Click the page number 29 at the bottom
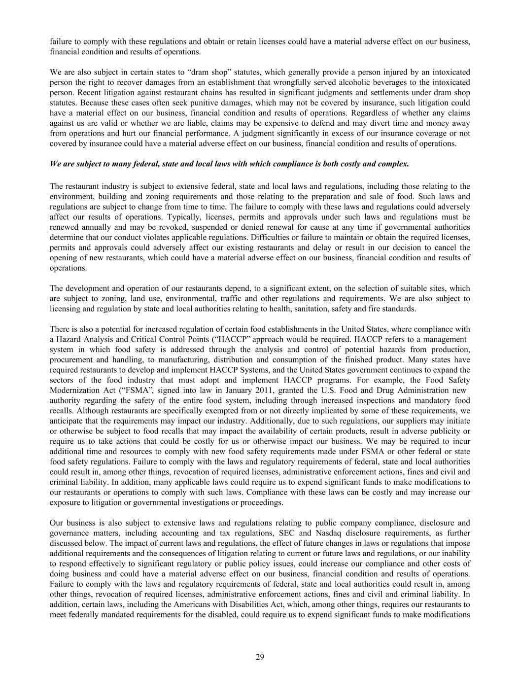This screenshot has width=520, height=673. click(260, 656)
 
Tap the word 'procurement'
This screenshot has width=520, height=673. click(70, 359)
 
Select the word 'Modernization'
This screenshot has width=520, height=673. click(72, 390)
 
